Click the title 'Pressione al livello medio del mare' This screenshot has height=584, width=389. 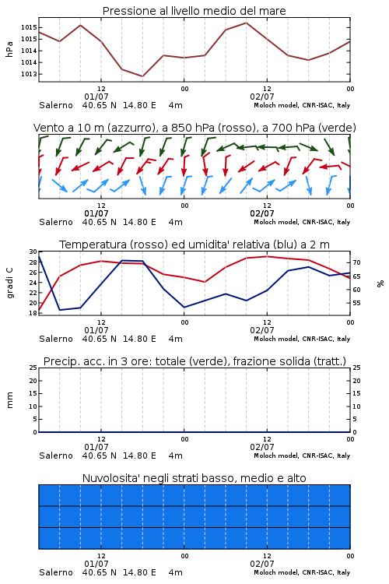point(194,11)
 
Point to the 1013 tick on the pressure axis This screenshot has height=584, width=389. point(29,74)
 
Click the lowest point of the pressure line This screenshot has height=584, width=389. point(142,76)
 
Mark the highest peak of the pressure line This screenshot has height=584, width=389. point(246,23)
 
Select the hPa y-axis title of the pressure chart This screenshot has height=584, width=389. point(9,49)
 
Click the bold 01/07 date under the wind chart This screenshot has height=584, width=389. point(96,213)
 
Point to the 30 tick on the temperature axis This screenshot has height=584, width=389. point(33,252)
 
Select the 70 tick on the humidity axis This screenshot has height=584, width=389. point(356,262)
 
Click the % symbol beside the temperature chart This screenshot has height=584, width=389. point(380,283)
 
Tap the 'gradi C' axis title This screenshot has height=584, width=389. point(10,283)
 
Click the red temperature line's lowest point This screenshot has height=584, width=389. point(39,310)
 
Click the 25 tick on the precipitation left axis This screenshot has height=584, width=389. point(33,368)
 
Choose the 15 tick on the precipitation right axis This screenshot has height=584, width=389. point(356,393)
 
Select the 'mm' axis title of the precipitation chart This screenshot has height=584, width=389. point(10,400)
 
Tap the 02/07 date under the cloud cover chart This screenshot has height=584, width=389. point(262,564)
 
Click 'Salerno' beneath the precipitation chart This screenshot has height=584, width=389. point(56,456)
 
